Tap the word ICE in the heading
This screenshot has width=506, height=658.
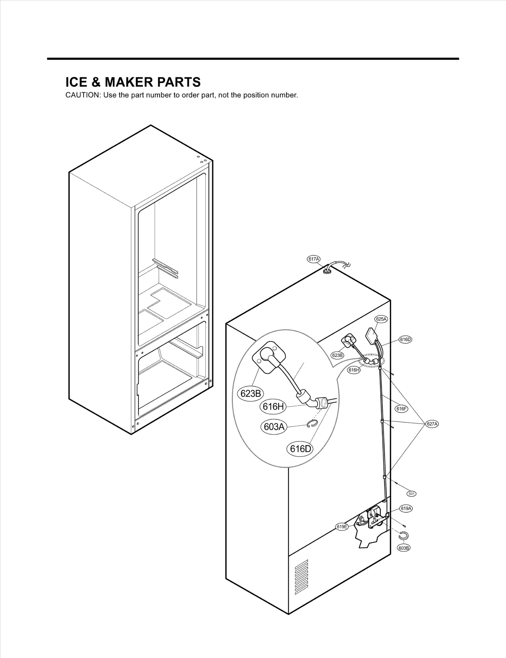coord(76,82)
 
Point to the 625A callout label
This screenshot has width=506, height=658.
coord(381,319)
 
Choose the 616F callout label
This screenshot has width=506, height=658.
coord(401,409)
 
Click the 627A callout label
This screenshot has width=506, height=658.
coord(432,424)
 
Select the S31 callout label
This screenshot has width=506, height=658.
coord(411,494)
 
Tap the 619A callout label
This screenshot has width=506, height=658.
coord(406,509)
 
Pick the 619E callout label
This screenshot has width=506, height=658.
coord(342,527)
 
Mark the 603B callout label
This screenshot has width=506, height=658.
coord(404,548)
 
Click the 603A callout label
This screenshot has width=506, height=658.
coord(274,427)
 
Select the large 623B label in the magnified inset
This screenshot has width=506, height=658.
coord(250,394)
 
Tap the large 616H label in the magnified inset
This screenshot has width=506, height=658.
coord(273,407)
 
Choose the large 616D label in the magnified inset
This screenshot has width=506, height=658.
coord(300,449)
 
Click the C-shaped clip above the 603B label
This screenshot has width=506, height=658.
coord(403,536)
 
